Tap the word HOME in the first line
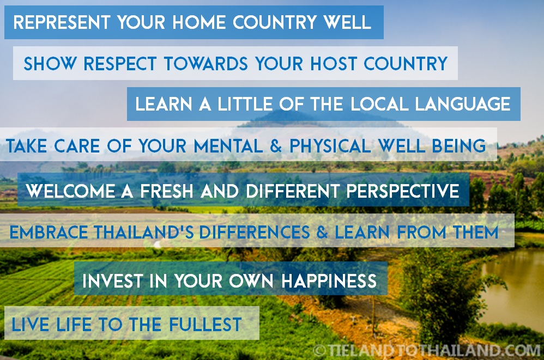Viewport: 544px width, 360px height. (x=198, y=23)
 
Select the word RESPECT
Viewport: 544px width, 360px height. (x=120, y=64)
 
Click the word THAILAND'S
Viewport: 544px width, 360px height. (x=143, y=233)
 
